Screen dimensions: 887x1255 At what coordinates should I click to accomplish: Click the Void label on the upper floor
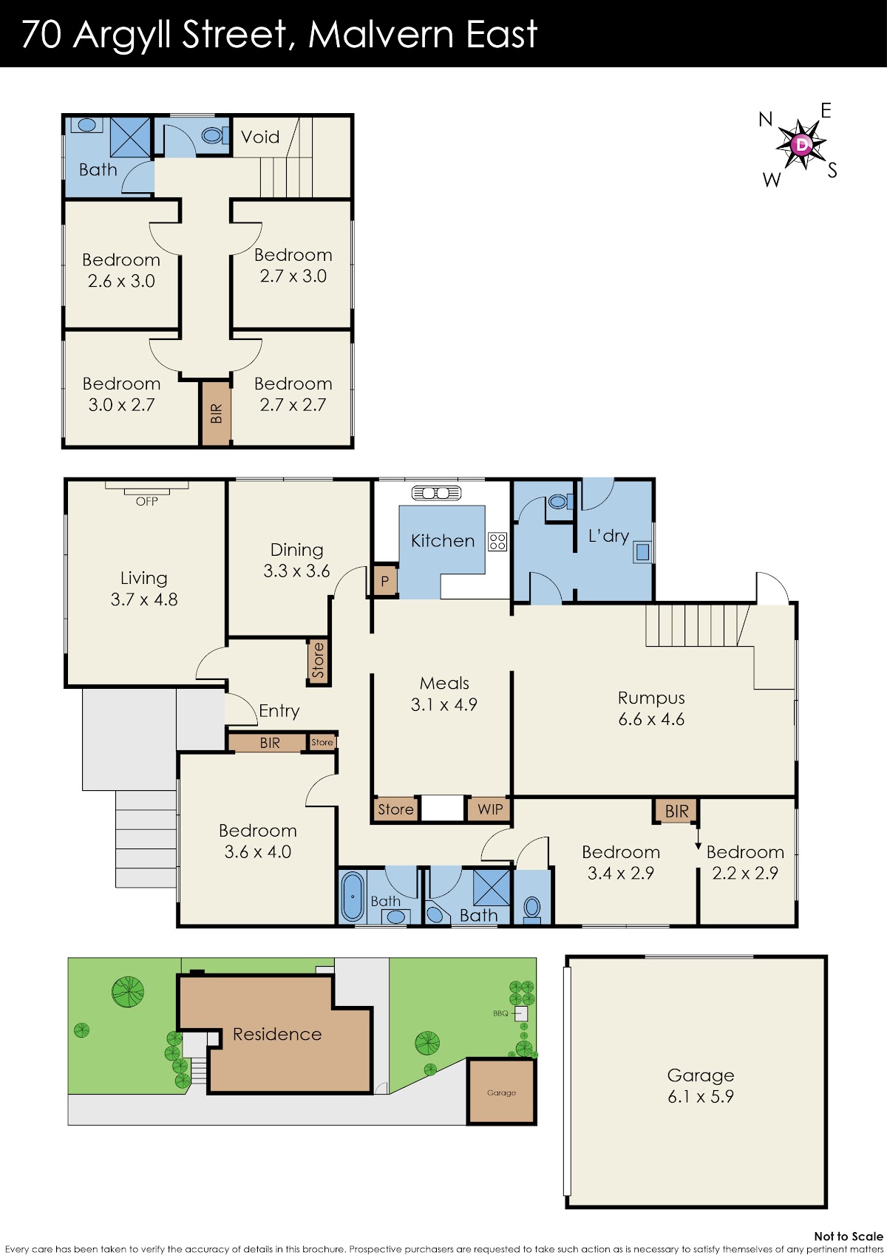tap(260, 137)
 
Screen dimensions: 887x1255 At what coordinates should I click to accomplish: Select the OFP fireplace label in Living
tap(147, 501)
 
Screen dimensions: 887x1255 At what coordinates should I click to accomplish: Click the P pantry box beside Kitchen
tap(385, 581)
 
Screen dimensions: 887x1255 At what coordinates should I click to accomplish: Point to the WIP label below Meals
tap(490, 809)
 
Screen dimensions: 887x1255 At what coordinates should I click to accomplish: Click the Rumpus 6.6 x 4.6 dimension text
tap(651, 719)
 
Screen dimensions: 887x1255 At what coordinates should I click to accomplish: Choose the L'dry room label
tap(608, 536)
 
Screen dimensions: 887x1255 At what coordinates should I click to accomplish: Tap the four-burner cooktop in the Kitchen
tap(497, 541)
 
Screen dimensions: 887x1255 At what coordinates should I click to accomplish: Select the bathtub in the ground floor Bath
tap(353, 896)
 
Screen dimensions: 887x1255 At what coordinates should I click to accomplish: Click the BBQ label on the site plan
tap(500, 1013)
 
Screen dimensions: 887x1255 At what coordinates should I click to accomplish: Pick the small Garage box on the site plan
tap(501, 1091)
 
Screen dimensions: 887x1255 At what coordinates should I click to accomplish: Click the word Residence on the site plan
tap(277, 1034)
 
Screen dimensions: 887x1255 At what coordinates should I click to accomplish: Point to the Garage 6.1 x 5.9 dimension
tap(701, 1096)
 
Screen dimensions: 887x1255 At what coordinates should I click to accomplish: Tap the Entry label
tap(279, 711)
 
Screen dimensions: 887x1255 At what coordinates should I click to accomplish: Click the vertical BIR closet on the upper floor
tap(217, 413)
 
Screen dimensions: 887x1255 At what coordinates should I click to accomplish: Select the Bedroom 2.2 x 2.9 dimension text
tap(744, 873)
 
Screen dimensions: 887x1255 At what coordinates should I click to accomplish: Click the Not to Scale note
tap(849, 1237)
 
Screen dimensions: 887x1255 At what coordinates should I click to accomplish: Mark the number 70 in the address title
tap(41, 34)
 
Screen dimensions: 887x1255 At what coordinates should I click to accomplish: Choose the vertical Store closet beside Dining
tap(318, 661)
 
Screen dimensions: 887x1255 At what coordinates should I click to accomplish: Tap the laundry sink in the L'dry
tap(642, 552)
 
